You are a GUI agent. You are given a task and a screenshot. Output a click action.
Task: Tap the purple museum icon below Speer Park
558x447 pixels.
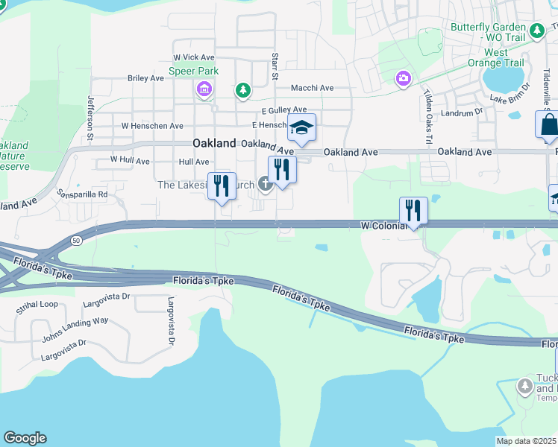click(x=204, y=91)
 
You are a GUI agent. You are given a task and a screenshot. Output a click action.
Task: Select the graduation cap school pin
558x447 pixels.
click(x=301, y=128)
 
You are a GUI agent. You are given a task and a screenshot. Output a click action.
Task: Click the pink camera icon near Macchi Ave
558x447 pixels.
click(x=403, y=78)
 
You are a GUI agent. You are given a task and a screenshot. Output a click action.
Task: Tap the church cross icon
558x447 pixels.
click(x=265, y=183)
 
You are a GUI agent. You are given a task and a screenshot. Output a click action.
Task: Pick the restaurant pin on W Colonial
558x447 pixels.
click(x=413, y=211)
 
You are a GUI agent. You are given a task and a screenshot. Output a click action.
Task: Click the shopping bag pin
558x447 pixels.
click(x=548, y=125)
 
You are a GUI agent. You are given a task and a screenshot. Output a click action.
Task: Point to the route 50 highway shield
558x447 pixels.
click(x=76, y=240)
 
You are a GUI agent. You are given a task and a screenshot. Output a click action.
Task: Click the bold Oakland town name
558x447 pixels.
click(x=214, y=143)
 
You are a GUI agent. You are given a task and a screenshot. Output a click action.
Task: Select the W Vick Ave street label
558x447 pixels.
click(x=193, y=57)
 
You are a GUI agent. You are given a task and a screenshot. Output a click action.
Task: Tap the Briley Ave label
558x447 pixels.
click(x=145, y=77)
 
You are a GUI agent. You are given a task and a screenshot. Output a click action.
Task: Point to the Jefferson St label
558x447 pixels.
click(x=91, y=119)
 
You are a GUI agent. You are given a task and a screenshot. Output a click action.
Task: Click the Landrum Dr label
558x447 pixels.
click(x=457, y=113)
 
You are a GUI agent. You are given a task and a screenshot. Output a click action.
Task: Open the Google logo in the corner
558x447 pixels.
click(x=25, y=437)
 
